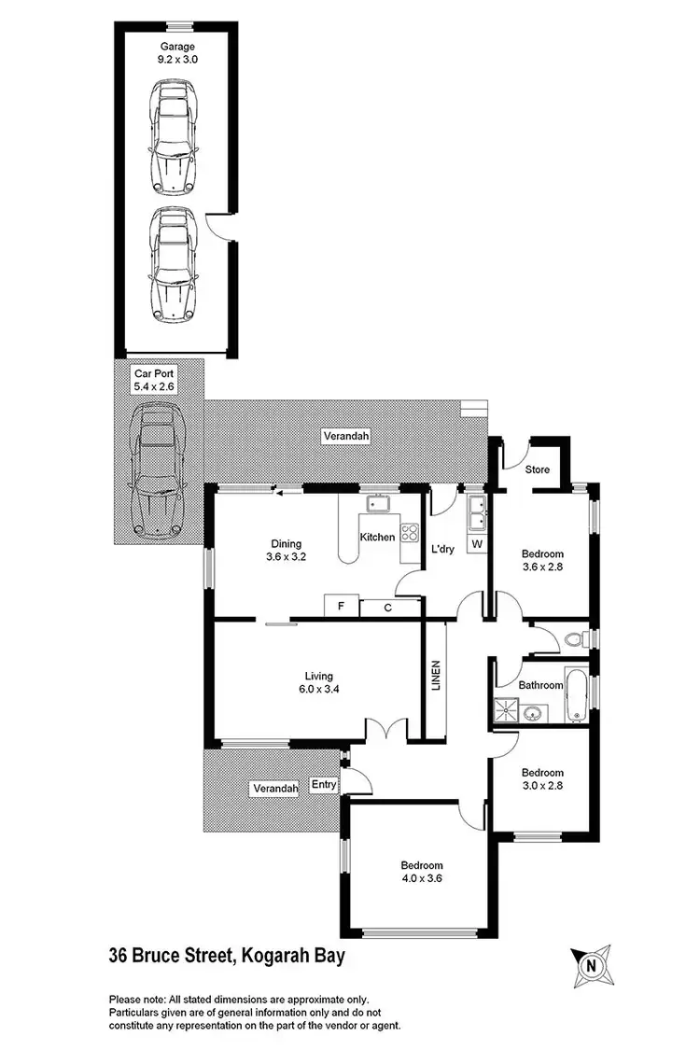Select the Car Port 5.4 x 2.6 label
click(x=155, y=379)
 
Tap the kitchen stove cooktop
click(x=409, y=533)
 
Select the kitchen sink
click(x=378, y=505)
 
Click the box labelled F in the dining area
click(x=341, y=607)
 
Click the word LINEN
click(x=435, y=677)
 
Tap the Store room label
click(x=537, y=469)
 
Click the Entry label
click(x=324, y=785)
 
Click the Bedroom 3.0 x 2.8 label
click(x=542, y=779)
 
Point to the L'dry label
click(x=441, y=549)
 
